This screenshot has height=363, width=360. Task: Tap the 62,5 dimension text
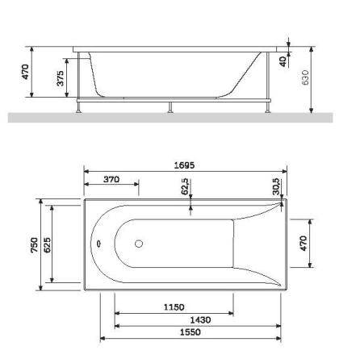point(186,187)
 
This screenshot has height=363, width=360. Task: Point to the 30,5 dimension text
point(276,186)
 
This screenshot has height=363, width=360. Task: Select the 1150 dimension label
point(175,307)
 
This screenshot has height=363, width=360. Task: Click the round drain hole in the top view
point(138,244)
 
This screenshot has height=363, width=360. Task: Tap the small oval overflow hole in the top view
point(98,244)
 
